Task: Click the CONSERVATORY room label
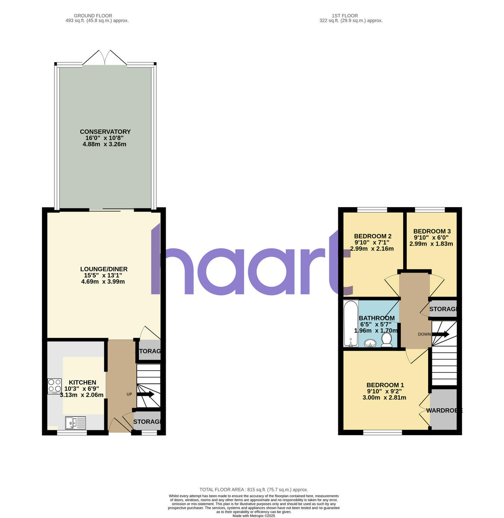105,132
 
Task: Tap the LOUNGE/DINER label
103,269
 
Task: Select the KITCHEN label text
82,382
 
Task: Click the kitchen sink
76,422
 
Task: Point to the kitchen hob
55,386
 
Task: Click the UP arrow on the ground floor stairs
145,394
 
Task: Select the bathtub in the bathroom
350,324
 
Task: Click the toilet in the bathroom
386,340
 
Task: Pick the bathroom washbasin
370,344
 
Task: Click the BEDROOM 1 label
385,385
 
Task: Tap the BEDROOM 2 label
372,236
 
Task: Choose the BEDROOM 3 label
432,231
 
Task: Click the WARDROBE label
444,411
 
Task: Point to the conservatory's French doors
105,59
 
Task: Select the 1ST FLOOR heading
345,16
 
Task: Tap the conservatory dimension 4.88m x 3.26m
104,144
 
